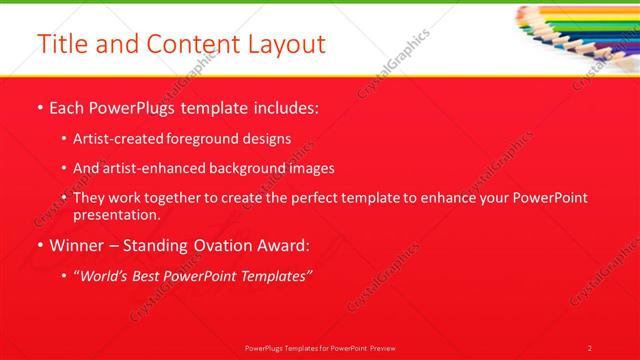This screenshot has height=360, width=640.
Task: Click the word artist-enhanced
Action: click(154, 168)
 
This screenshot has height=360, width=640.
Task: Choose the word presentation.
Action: click(117, 214)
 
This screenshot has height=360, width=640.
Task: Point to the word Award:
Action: click(282, 245)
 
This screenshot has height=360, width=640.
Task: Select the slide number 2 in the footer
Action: click(589, 348)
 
